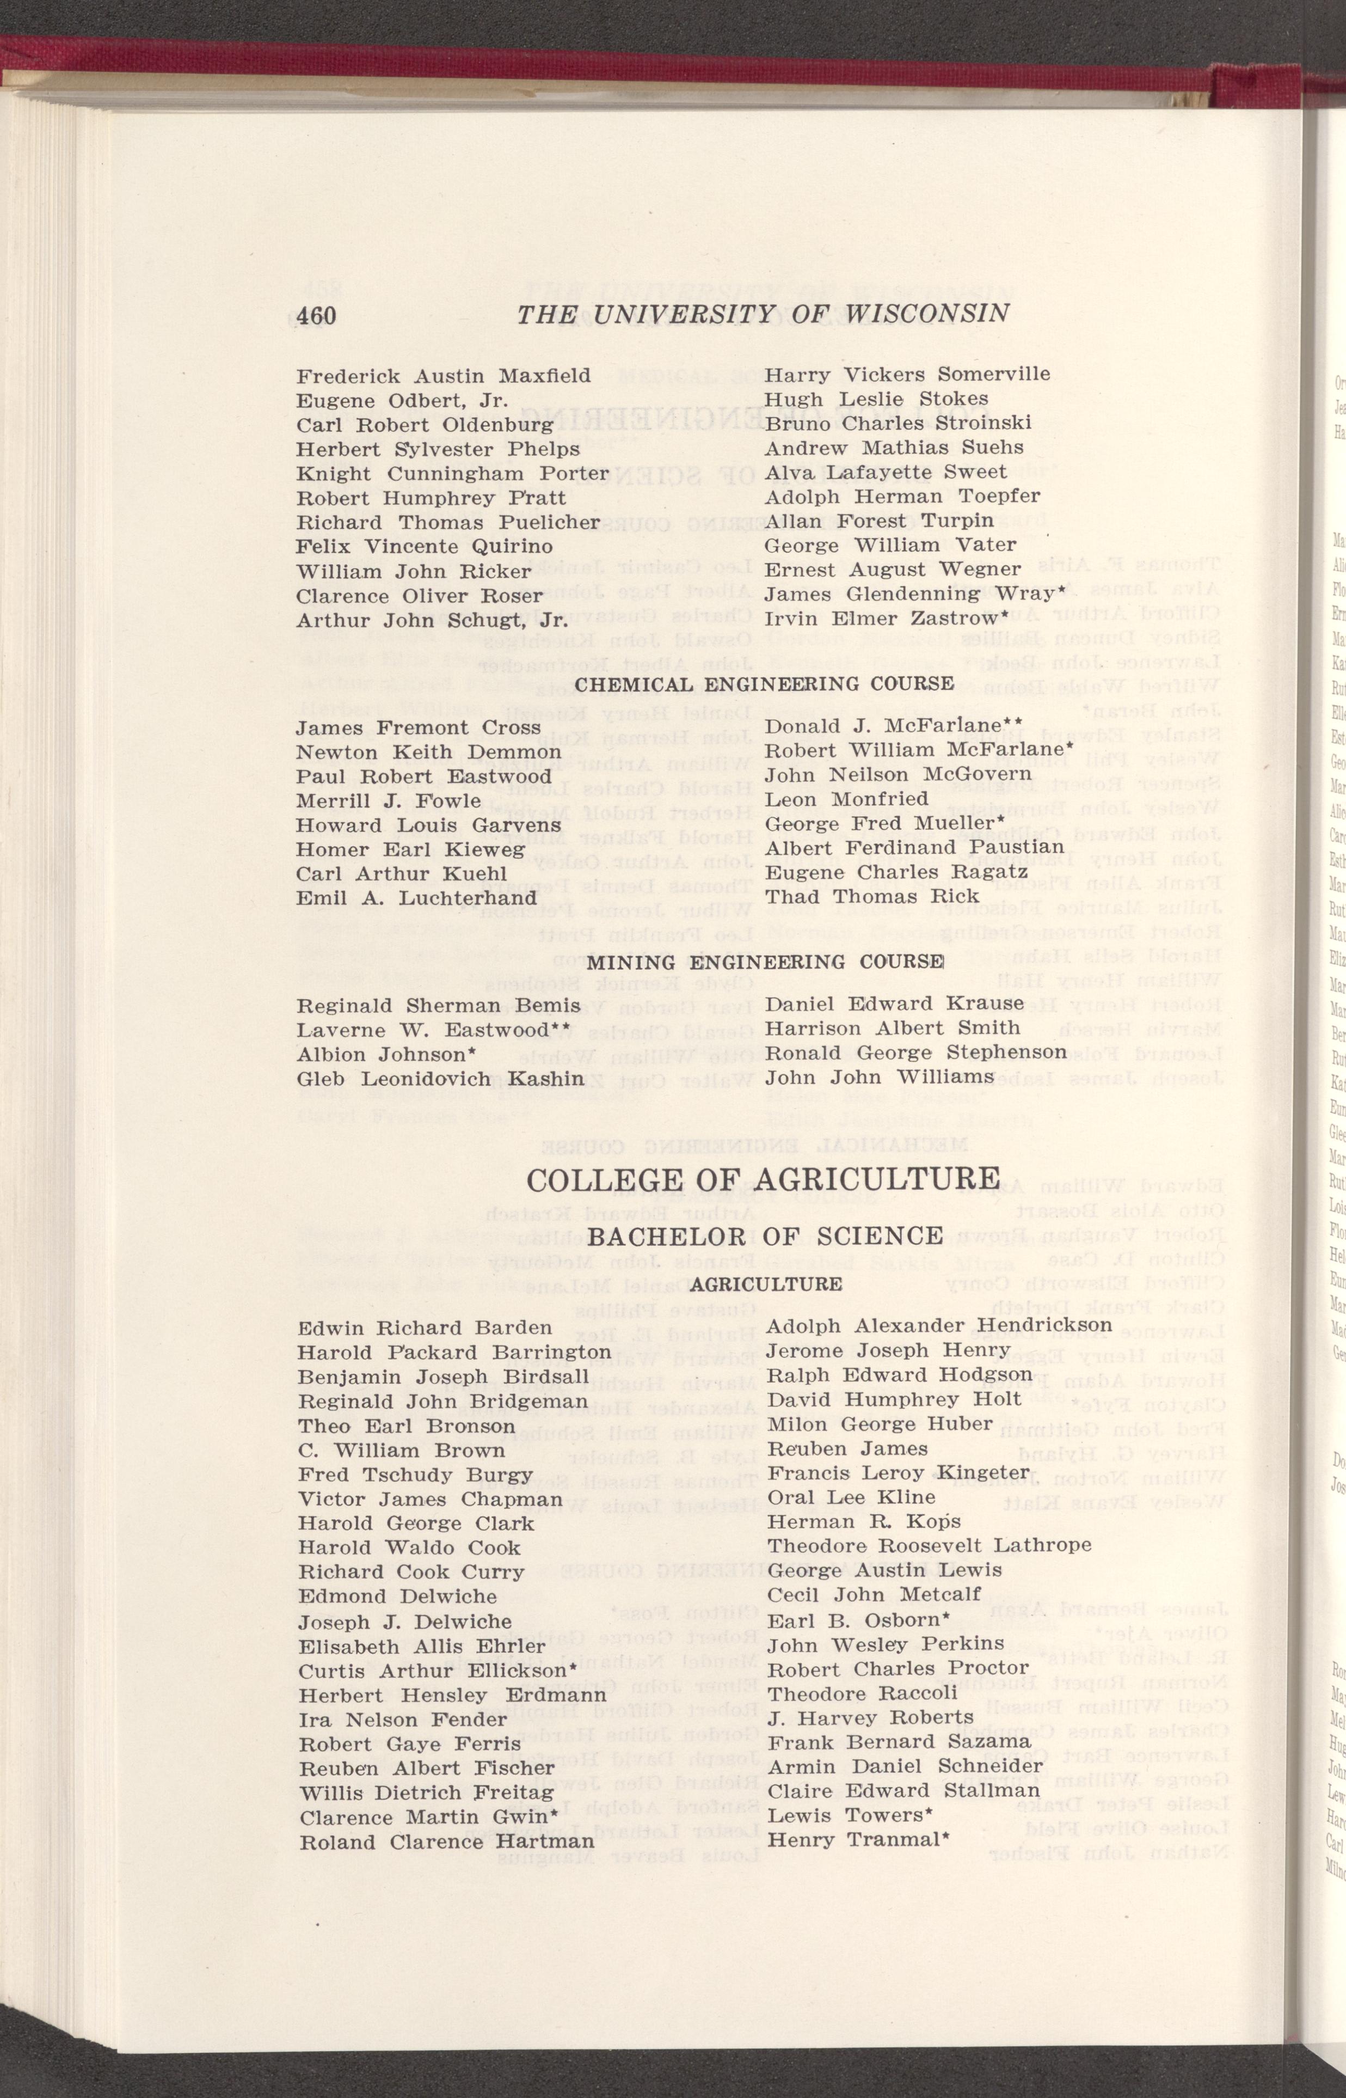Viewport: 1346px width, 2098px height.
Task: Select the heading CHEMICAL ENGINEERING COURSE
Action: tap(764, 683)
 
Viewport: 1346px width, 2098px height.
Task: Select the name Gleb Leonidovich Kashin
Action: tap(440, 1079)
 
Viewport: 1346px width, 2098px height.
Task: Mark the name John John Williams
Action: tap(879, 1077)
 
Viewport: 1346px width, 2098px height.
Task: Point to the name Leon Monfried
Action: tap(846, 774)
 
